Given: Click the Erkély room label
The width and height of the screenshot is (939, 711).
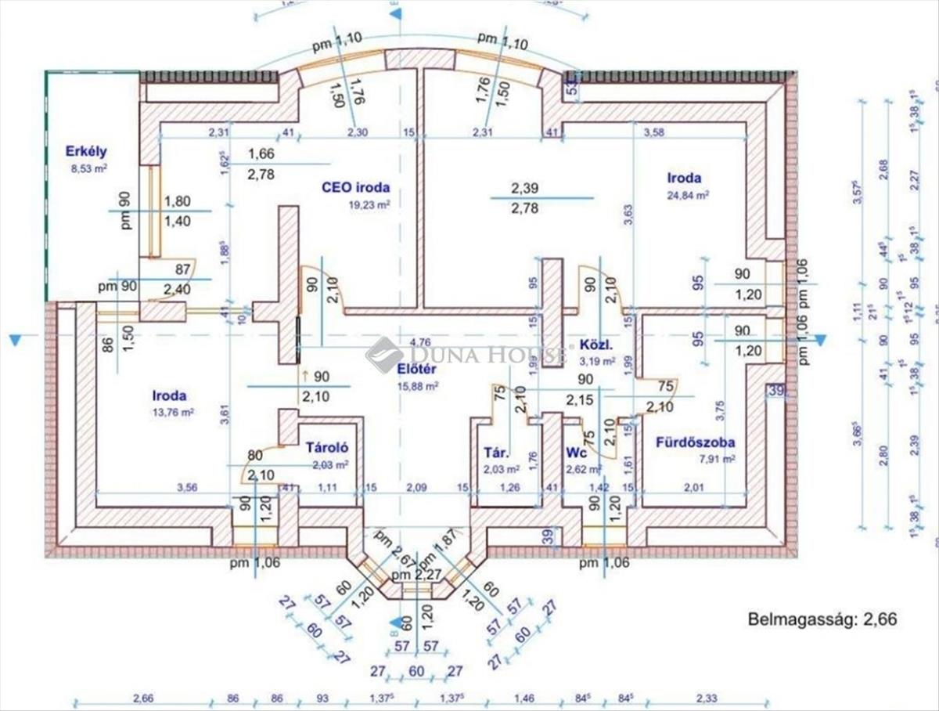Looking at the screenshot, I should (86, 152).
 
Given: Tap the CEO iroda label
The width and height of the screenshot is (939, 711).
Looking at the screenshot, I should (355, 188).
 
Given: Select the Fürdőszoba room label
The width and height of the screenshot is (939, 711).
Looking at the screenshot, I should (695, 442).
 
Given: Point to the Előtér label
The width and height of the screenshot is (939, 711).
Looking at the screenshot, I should (416, 369).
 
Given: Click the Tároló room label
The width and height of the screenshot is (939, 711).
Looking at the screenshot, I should (326, 449).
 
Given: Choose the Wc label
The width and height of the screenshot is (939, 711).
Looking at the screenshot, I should (577, 453).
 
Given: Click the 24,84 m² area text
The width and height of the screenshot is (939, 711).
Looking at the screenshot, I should (689, 195).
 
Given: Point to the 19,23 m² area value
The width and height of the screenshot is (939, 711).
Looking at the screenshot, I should (369, 204).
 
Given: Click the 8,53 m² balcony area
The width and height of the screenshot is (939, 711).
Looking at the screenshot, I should (88, 168).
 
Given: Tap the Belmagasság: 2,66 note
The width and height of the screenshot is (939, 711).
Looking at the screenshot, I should (822, 619).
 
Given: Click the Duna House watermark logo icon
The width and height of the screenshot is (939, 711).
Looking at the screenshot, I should (384, 354).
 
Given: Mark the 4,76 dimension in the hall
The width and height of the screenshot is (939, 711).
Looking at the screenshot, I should (419, 341).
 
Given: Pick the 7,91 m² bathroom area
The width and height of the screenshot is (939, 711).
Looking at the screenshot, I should (716, 460).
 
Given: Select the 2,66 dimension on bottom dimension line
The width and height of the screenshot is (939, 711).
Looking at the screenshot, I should (143, 698).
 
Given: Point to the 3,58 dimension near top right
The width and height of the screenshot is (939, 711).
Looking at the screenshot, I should (653, 133).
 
